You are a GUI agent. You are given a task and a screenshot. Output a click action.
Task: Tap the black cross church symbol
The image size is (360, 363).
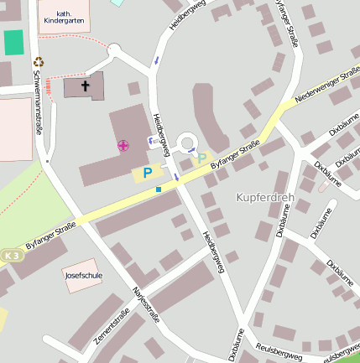(x=85, y=86)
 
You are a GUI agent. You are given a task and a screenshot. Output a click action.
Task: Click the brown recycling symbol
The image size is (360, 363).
(x=38, y=60)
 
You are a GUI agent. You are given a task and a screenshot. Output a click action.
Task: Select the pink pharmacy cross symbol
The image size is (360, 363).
(x=123, y=146)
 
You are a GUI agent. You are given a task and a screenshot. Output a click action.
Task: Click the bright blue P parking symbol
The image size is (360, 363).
(x=148, y=173)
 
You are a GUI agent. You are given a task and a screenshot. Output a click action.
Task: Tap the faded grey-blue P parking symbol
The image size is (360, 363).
(x=201, y=158)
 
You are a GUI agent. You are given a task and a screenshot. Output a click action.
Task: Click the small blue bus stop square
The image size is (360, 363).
(x=159, y=189)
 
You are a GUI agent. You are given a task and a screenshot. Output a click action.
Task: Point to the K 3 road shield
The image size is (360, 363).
(x=9, y=255)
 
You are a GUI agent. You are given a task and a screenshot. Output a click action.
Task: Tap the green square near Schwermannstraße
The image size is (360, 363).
(x=13, y=42)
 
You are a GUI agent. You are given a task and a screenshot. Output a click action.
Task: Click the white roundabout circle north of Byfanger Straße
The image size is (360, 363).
(x=185, y=143)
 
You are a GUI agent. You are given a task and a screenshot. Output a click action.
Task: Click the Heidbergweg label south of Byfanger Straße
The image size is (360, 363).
(x=213, y=251)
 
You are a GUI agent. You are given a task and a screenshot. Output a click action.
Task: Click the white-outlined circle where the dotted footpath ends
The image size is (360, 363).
(x=113, y=49)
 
